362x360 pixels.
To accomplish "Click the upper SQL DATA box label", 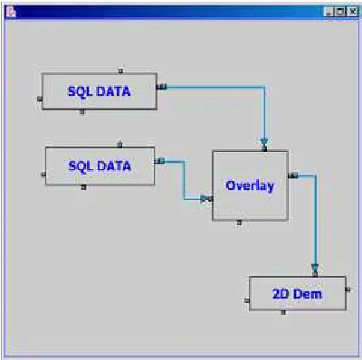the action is click(x=100, y=91).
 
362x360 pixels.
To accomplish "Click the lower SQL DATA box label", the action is click(x=100, y=166).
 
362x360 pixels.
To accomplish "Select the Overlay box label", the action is click(x=250, y=185).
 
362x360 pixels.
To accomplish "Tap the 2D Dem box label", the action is click(x=297, y=294).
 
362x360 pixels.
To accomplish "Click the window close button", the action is click(x=353, y=12).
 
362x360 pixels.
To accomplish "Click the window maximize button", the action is click(x=340, y=12).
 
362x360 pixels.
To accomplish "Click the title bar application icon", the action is click(x=11, y=12).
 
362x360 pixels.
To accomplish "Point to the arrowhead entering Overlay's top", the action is click(x=264, y=142).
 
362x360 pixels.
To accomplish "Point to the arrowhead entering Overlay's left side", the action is click(x=205, y=199).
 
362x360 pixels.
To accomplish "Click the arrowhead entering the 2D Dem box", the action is click(x=315, y=268).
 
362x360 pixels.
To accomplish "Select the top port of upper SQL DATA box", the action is click(x=120, y=71).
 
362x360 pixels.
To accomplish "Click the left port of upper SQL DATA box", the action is click(x=40, y=99).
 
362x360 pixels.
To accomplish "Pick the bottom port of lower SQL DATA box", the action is click(x=84, y=187).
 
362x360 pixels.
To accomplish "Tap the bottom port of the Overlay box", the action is click(x=239, y=223).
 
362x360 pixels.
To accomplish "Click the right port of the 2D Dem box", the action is click(x=348, y=289).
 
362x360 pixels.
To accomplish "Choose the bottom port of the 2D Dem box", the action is click(x=283, y=312).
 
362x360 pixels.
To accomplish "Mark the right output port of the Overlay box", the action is click(x=293, y=175).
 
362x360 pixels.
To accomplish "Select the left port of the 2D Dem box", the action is click(x=247, y=300).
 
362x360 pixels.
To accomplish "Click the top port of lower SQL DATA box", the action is click(x=119, y=145).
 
